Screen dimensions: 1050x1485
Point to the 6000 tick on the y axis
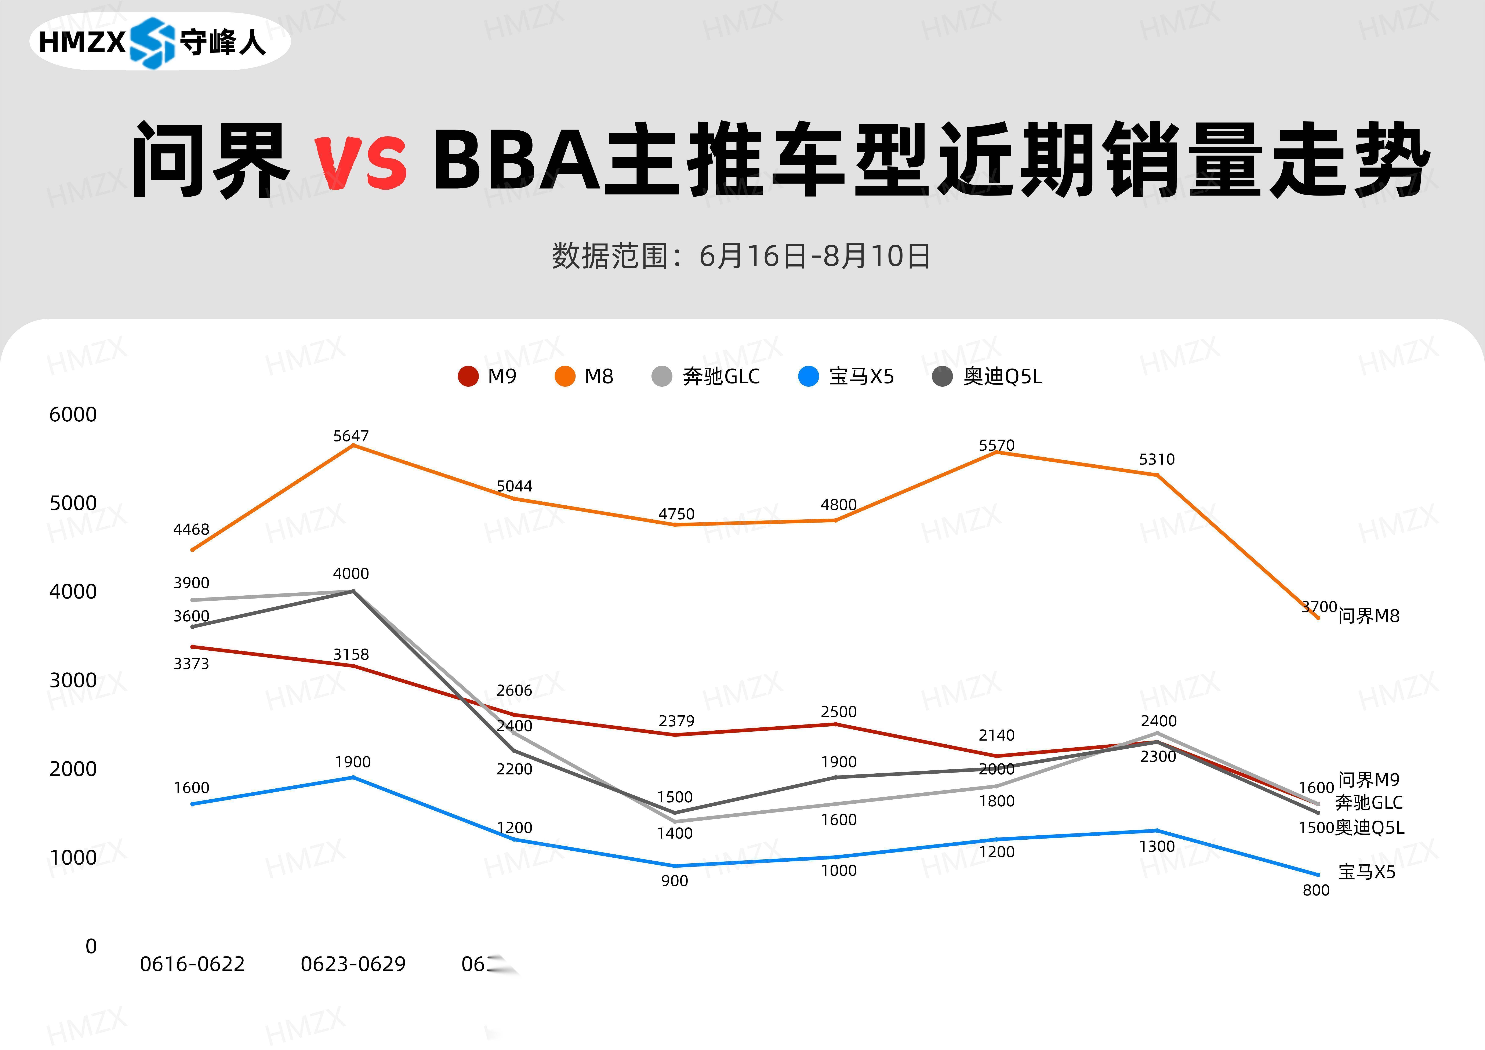point(73,415)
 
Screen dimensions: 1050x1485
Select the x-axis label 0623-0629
point(353,964)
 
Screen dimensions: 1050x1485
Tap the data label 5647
point(351,436)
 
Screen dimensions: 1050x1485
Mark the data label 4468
point(192,529)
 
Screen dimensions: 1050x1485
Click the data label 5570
point(997,445)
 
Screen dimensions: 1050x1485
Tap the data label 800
point(1316,890)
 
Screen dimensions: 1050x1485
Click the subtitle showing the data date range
point(741,256)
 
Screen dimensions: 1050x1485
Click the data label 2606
point(514,690)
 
